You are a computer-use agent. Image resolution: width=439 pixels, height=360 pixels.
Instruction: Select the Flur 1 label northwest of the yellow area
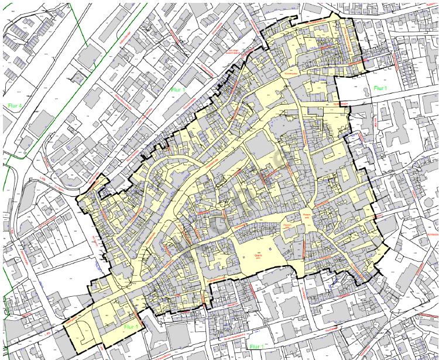coord(177,90)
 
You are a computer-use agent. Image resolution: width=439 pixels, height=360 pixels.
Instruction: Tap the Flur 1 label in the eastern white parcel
coord(380,89)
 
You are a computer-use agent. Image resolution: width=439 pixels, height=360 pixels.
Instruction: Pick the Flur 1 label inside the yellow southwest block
coord(131,327)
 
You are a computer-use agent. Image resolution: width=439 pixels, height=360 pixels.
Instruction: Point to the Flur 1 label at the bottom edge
coord(256,347)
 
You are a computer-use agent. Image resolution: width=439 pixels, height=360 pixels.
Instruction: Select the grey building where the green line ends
coord(88,56)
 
